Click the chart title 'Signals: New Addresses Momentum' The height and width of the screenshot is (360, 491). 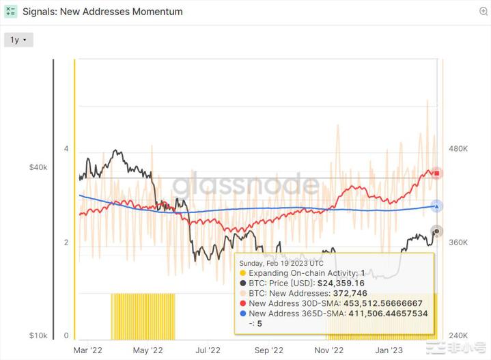(102, 12)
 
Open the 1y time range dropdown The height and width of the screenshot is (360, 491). (18, 40)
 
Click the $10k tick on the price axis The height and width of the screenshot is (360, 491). (38, 336)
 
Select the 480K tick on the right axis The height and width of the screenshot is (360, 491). (457, 149)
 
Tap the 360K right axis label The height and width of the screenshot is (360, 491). (457, 243)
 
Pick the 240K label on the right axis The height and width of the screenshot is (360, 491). (457, 336)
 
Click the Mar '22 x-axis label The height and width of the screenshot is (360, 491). (87, 350)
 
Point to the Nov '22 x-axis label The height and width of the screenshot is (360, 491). (329, 350)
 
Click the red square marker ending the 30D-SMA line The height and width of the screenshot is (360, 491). (437, 173)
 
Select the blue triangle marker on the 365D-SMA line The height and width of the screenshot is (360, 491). (437, 206)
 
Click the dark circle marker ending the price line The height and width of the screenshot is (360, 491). (437, 231)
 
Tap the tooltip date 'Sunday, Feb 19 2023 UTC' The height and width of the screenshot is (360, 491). (285, 262)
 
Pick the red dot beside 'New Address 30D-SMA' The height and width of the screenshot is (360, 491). (243, 303)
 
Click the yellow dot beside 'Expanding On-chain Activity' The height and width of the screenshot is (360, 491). (243, 273)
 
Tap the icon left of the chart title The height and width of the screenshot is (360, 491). (11, 12)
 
